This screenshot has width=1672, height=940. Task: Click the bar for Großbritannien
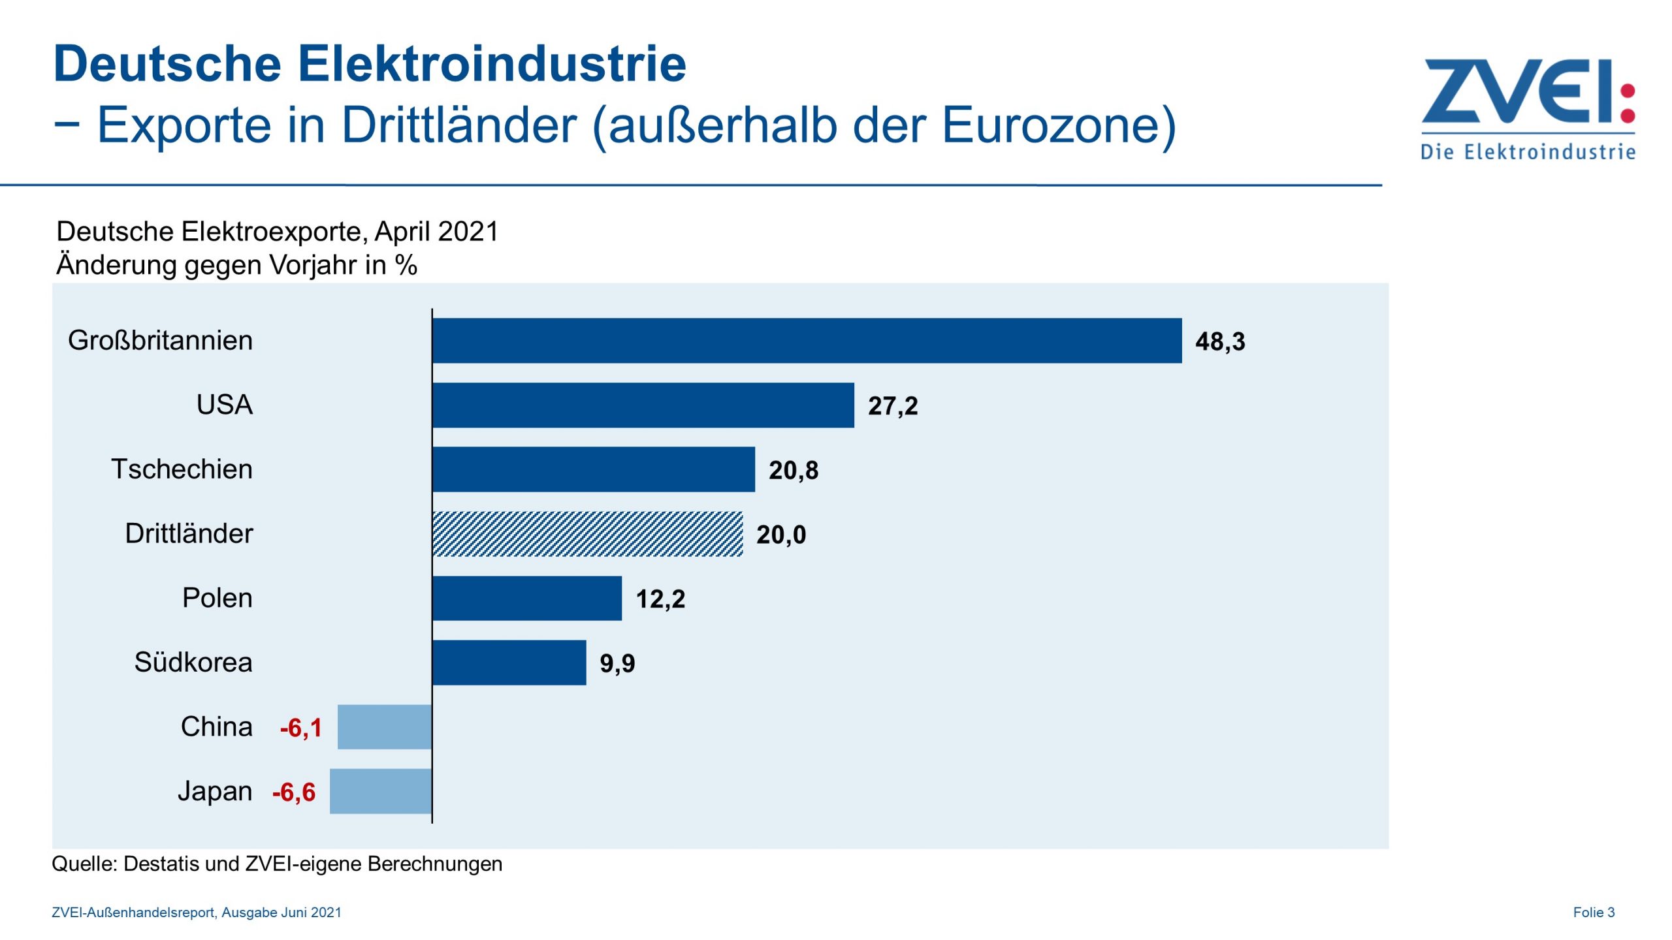tap(807, 340)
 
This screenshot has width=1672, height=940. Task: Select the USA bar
tap(643, 405)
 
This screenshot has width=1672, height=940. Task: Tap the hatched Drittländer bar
tap(587, 533)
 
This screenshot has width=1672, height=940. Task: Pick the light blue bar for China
tap(385, 727)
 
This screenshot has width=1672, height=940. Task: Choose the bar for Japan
tap(381, 791)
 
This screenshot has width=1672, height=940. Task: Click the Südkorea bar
tap(509, 662)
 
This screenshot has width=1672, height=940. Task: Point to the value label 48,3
tap(1220, 341)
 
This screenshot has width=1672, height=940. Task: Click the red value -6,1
tap(301, 728)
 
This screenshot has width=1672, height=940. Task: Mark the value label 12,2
tap(660, 599)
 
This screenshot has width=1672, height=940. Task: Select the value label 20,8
tap(794, 470)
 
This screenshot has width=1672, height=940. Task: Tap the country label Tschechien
tap(182, 469)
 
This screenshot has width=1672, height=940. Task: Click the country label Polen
tap(217, 597)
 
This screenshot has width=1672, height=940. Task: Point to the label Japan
tap(215, 791)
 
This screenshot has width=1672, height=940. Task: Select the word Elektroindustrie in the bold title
tap(492, 64)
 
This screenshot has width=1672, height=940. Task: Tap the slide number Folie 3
tap(1594, 912)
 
